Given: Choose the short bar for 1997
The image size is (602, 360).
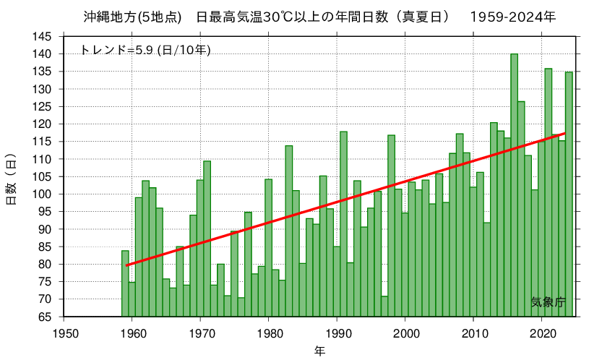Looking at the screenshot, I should [384, 307].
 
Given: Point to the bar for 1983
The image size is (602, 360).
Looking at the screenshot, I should [289, 231].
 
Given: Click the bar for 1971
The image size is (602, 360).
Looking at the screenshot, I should [207, 239].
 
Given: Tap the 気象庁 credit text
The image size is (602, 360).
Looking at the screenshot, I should [548, 302].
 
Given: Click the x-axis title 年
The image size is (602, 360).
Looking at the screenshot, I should [319, 351].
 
